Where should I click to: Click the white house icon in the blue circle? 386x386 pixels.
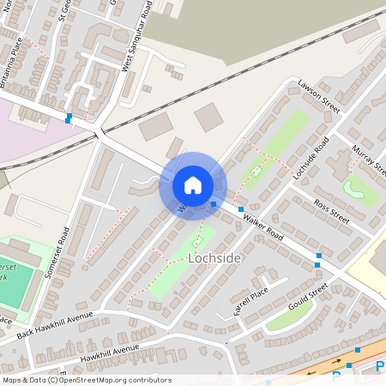point(193,185)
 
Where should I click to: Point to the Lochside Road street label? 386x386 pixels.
point(310,159)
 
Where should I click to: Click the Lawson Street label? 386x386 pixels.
point(319,97)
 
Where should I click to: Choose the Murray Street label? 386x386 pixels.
point(365,162)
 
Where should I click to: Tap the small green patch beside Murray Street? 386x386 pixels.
point(360,189)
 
